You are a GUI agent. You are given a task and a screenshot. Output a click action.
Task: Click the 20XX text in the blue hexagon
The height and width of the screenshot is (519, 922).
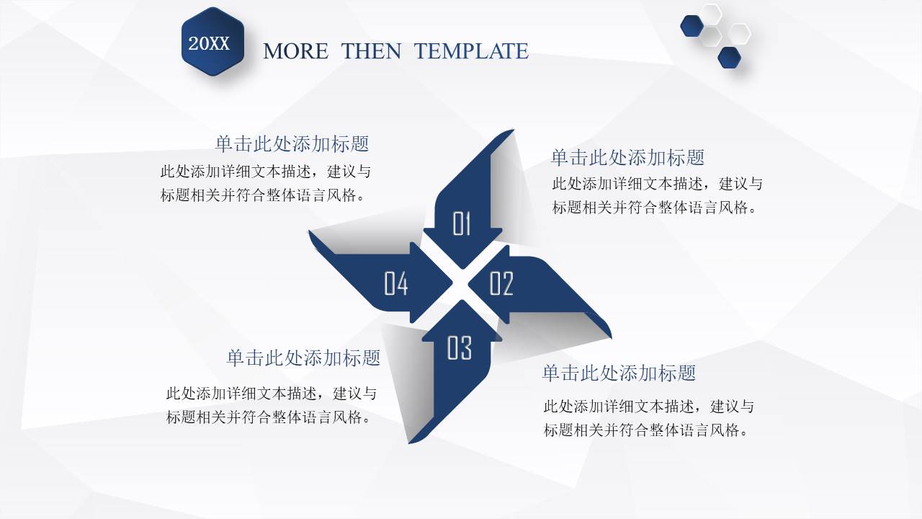coord(209,44)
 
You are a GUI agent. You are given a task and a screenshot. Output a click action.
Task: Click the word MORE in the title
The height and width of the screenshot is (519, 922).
coord(295,51)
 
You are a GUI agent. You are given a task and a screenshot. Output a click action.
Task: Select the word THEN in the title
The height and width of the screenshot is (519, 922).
coord(372,51)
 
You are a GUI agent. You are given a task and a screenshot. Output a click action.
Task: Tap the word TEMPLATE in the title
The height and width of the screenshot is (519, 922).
coord(471,51)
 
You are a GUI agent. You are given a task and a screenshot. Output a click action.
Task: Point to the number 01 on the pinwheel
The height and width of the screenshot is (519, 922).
coord(462,224)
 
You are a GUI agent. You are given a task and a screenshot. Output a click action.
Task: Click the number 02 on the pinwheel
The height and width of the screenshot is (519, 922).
coord(501,284)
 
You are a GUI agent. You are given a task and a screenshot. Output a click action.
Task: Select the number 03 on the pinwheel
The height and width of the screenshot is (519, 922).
coord(460,348)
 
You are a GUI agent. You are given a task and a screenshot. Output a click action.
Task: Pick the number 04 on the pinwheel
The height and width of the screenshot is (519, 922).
coord(396,284)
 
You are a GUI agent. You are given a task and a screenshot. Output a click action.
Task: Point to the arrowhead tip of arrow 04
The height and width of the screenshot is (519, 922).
coord(452,284)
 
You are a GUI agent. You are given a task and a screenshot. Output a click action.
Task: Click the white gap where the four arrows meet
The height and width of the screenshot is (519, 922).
coord(461,285)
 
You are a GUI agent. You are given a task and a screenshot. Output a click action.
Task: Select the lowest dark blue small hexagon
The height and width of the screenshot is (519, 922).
coord(730,58)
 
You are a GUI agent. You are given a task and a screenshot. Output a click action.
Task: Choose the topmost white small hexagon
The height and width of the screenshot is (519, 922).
coord(712,13)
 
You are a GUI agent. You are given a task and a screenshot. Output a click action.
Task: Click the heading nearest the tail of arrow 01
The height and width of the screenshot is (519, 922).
coord(627,157)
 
